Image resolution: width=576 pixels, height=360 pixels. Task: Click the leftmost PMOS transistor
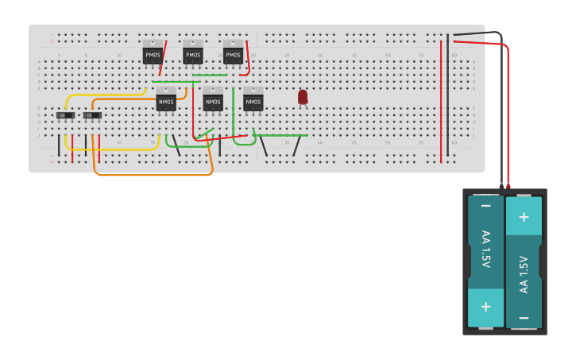pyautogui.click(x=153, y=53)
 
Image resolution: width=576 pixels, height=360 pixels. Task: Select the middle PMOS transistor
pyautogui.click(x=193, y=53)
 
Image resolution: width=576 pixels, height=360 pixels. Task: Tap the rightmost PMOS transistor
pyautogui.click(x=233, y=53)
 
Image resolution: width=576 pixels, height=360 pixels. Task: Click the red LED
pyautogui.click(x=303, y=96)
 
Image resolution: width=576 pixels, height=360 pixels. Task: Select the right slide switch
pyautogui.click(x=93, y=115)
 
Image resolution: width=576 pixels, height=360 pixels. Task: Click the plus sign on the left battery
pyautogui.click(x=485, y=306)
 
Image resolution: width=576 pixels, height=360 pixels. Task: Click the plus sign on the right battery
pyautogui.click(x=524, y=217)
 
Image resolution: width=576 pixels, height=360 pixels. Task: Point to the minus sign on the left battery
pyautogui.click(x=485, y=206)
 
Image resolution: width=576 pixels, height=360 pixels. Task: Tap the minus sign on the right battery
pyautogui.click(x=524, y=317)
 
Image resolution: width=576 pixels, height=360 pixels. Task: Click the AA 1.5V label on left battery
pyautogui.click(x=485, y=249)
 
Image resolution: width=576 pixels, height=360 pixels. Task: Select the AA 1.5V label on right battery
pyautogui.click(x=524, y=274)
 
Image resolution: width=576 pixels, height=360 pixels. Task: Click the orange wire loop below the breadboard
pyautogui.click(x=151, y=174)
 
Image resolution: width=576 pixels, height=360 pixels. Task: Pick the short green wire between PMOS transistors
pyautogui.click(x=210, y=75)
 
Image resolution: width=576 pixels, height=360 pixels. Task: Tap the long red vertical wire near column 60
pyautogui.click(x=441, y=103)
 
